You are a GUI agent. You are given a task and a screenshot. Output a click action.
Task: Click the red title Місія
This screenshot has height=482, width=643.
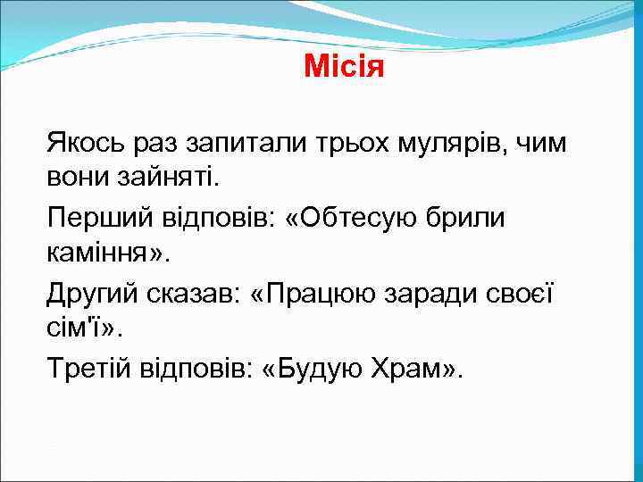pos(344,67)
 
